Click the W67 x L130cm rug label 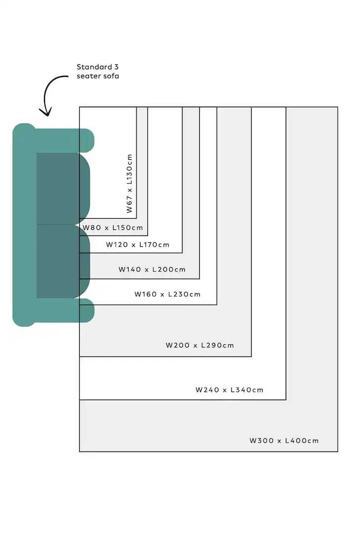129,183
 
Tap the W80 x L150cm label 113,227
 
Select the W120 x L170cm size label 137,245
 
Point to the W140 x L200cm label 152,270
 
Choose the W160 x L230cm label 168,294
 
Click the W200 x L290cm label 200,346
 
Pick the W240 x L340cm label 229,390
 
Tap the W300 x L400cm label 284,441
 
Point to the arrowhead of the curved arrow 45,112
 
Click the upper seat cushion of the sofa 63,188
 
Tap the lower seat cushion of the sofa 63,262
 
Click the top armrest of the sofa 64,140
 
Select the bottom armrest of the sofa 64,310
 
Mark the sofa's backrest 24,225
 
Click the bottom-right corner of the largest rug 338,451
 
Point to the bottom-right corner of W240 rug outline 286,400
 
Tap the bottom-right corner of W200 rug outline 252,357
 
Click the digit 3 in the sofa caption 116,67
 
